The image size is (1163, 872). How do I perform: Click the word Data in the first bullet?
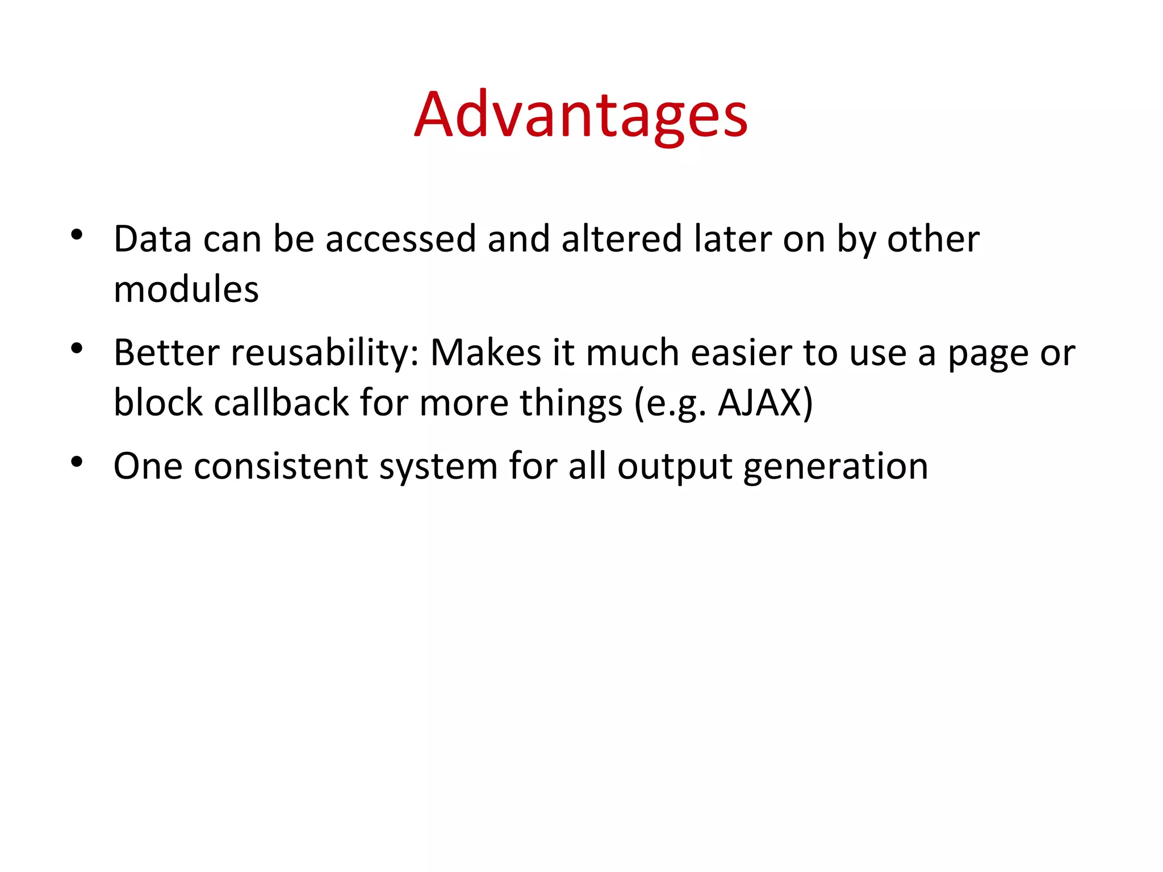153,239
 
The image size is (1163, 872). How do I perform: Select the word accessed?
400,239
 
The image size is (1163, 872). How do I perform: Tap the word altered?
621,239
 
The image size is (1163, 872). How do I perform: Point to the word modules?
186,290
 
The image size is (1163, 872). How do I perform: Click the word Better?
166,353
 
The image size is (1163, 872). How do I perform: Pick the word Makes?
486,353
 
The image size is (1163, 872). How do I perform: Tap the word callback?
281,403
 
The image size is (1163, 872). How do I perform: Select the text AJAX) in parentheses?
765,403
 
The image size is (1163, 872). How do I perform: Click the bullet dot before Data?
77,234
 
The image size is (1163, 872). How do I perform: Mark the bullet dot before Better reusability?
77,348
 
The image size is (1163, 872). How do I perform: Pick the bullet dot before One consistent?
77,462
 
